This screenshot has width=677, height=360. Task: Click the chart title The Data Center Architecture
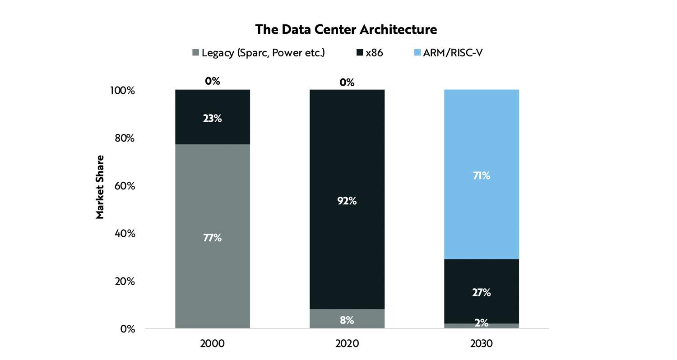click(x=346, y=30)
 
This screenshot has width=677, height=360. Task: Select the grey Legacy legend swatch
click(x=195, y=53)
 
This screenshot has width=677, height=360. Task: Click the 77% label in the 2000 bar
click(x=212, y=238)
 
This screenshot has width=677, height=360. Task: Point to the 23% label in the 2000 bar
click(x=212, y=119)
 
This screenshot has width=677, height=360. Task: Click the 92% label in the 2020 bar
click(x=347, y=201)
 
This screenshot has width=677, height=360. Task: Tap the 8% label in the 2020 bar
click(x=347, y=320)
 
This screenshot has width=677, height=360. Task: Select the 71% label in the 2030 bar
click(x=481, y=175)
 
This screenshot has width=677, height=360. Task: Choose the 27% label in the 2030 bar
click(x=481, y=293)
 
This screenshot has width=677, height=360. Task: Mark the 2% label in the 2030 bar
click(x=481, y=322)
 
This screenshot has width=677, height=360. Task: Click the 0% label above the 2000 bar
click(x=212, y=81)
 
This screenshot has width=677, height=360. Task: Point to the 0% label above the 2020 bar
click(x=347, y=82)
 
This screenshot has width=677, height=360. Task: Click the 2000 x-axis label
click(x=212, y=343)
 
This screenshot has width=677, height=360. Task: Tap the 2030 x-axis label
click(x=481, y=343)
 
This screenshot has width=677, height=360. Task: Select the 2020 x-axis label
click(x=347, y=343)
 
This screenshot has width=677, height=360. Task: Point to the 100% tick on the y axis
click(x=122, y=91)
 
